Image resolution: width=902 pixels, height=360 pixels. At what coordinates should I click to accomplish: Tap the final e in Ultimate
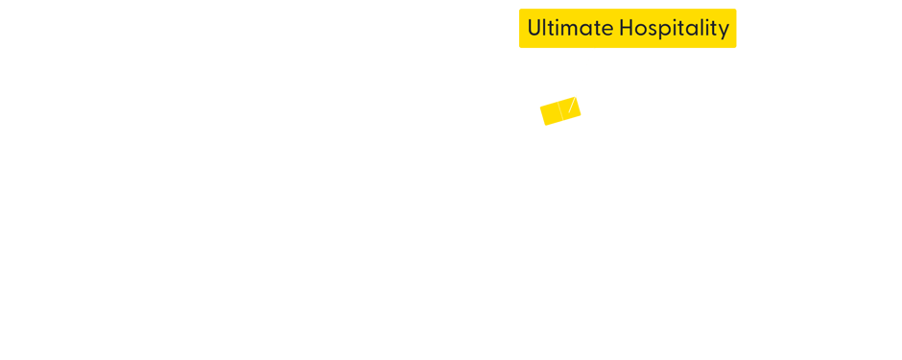coord(606,31)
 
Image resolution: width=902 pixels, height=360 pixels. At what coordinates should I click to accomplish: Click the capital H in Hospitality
coord(627,29)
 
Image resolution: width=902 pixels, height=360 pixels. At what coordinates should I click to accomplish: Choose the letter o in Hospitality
coord(641,31)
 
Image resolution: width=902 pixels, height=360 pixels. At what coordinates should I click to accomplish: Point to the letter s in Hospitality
coord(653,31)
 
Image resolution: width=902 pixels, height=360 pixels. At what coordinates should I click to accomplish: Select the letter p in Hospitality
coord(664,32)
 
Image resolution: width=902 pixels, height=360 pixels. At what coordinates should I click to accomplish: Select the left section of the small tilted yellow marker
coord(551,114)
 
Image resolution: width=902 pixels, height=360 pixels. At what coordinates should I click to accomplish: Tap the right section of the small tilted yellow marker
coord(571,107)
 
